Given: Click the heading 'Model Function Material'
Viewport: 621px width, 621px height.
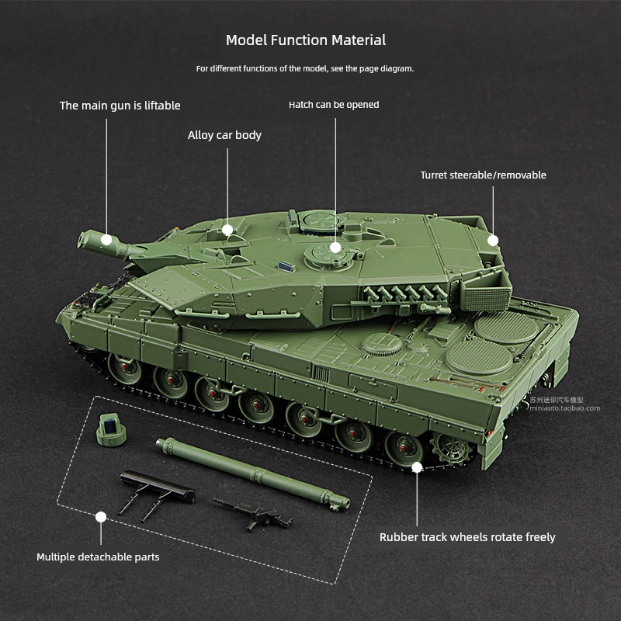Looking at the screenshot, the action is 306,40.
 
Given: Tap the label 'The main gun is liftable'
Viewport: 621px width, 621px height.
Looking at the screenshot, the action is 120,106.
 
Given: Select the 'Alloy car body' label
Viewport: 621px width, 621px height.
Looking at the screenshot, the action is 224,135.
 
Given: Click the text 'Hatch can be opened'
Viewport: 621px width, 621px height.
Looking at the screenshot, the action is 334,105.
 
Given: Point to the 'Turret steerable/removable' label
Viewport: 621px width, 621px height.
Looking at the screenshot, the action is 483,175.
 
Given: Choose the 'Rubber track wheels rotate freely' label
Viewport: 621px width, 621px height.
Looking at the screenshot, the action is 467,537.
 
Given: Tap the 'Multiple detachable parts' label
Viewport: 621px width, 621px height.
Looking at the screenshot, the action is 98,557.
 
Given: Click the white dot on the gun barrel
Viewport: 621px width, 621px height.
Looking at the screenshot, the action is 106,240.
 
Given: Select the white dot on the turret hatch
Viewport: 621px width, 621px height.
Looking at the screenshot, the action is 335,248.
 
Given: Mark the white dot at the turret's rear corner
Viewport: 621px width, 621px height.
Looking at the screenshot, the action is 493,241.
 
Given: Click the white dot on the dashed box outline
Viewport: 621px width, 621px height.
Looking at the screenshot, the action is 101,517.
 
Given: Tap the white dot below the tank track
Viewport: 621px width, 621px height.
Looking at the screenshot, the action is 417,468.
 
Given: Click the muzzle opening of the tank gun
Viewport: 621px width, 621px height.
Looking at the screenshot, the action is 83,239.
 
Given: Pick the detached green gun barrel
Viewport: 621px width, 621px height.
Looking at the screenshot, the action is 253,474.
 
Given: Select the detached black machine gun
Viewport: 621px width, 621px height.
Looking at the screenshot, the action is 255,514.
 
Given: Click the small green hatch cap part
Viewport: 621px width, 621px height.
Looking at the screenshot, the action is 111,430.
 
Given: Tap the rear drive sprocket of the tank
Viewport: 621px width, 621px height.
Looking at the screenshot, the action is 453,449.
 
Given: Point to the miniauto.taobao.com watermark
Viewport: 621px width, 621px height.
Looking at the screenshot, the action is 565,408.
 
